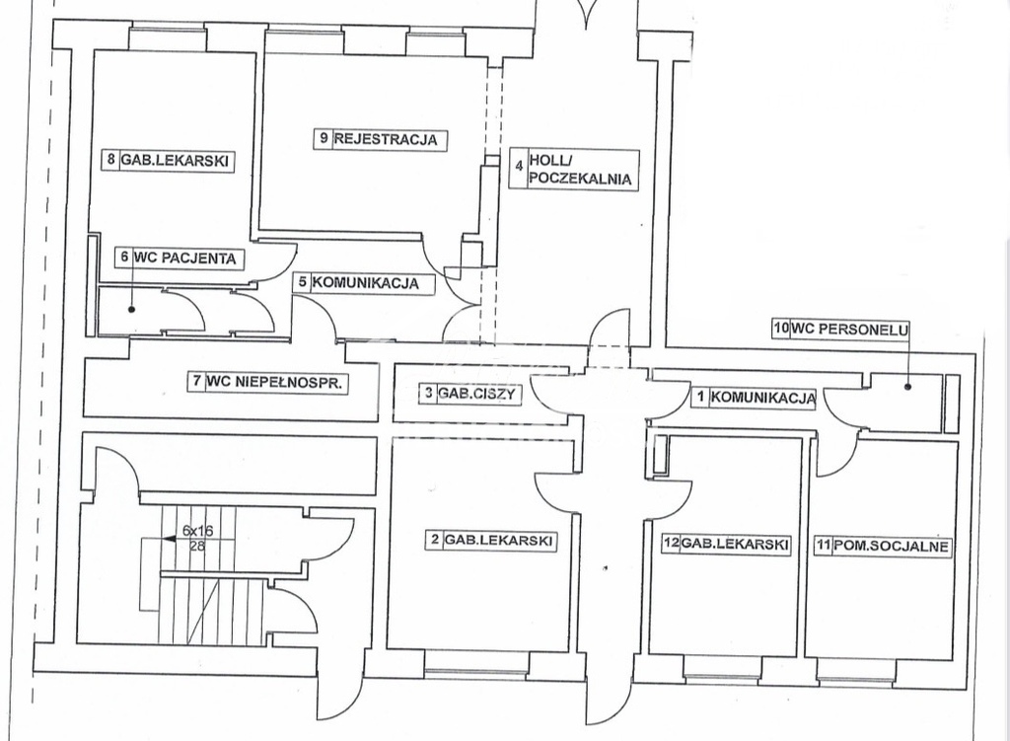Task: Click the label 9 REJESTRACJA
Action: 379,139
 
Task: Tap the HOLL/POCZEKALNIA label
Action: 580,170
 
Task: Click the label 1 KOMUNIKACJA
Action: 754,398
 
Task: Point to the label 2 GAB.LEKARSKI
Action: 489,540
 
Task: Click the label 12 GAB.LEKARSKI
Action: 725,545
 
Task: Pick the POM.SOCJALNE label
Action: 880,545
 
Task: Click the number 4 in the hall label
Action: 517,170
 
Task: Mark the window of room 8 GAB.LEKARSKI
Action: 167,39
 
